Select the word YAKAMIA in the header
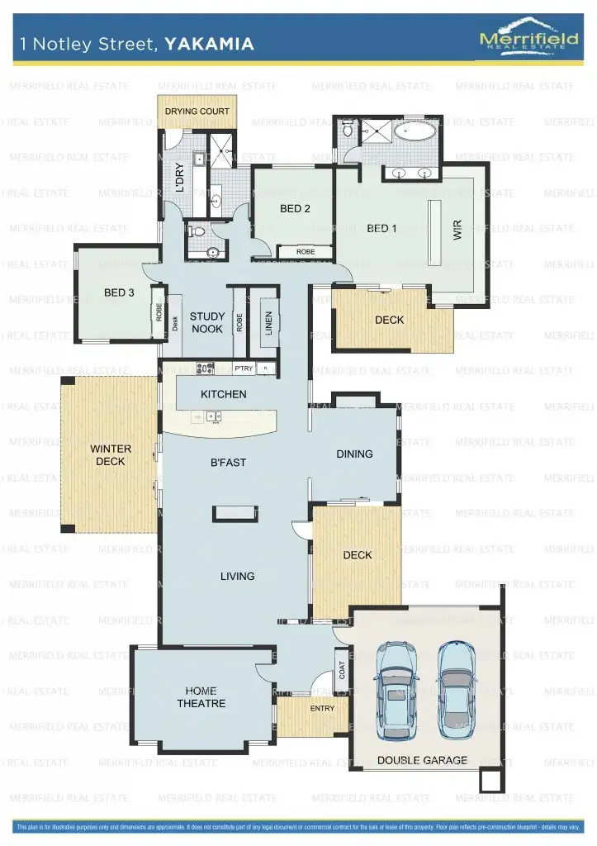(209, 44)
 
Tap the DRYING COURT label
(197, 111)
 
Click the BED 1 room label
(382, 228)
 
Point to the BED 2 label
(295, 209)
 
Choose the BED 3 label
(119, 292)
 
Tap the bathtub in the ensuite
(418, 131)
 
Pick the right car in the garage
(457, 690)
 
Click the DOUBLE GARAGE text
(422, 760)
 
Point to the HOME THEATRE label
(201, 697)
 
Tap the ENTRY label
(322, 708)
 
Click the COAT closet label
(342, 669)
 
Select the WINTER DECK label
(111, 455)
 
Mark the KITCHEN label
(223, 394)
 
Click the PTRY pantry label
(244, 368)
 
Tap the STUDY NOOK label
(206, 322)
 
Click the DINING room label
(354, 454)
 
